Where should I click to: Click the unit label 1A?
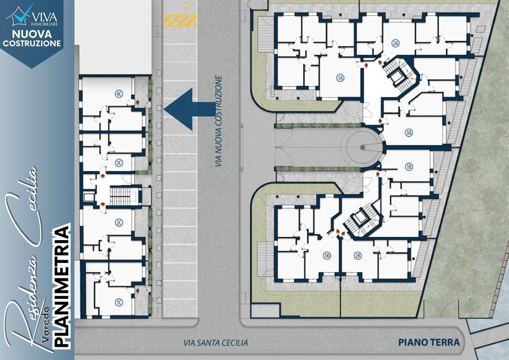(340, 78)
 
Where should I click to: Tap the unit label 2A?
(395, 44)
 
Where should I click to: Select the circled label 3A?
(409, 133)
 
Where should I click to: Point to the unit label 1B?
(409, 167)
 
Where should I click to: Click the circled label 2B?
(358, 256)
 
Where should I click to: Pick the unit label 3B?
(327, 256)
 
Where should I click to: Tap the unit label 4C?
(119, 94)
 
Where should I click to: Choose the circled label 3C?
(119, 163)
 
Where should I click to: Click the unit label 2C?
(119, 223)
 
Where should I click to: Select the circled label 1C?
(119, 303)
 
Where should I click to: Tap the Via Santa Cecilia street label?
(216, 343)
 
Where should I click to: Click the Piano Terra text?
(429, 342)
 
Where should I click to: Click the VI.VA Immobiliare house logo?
(20, 15)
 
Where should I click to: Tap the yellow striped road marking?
(180, 21)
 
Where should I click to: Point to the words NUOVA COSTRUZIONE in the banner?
(32, 38)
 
